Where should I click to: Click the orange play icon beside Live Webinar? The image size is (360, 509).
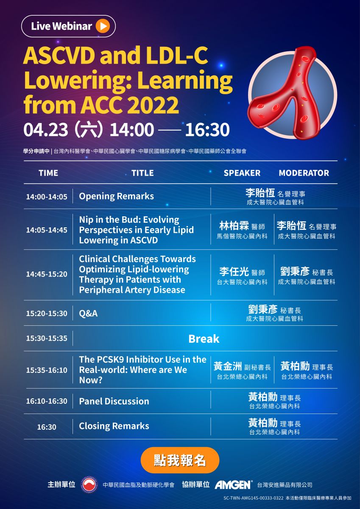point(103,26)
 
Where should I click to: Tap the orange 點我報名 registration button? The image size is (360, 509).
point(180,460)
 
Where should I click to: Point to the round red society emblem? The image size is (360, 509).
point(89,485)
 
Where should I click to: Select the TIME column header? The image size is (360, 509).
point(48,173)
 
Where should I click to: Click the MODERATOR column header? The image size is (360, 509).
point(304,173)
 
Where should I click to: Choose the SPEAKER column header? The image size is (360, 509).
point(242,173)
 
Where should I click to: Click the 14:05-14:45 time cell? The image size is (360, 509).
point(47,230)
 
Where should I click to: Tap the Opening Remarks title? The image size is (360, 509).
point(116,196)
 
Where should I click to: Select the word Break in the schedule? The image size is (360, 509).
point(204,339)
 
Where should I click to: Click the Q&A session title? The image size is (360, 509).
point(88,313)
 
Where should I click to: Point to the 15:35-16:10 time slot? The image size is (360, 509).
point(47,370)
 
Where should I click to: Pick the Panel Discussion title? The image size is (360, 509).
point(114,401)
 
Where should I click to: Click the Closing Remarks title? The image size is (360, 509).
point(114,426)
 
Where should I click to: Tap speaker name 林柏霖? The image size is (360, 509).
point(234,226)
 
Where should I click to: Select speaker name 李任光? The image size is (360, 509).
point(234,271)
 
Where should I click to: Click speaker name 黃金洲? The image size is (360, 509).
point(228,366)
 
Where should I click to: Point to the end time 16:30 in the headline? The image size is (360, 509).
point(207,130)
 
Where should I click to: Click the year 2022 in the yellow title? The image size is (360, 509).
point(153,105)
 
